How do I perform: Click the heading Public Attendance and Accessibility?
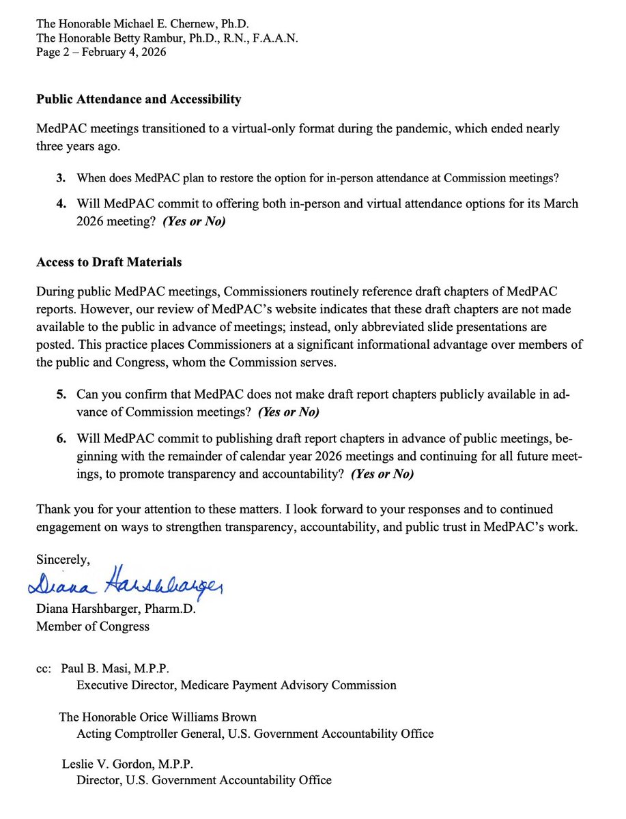coord(138,100)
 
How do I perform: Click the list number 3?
coord(61,179)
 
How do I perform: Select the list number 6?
coord(61,437)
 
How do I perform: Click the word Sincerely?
coord(63,560)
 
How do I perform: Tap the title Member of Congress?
coord(92,626)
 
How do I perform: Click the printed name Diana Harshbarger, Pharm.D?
coord(115,609)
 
